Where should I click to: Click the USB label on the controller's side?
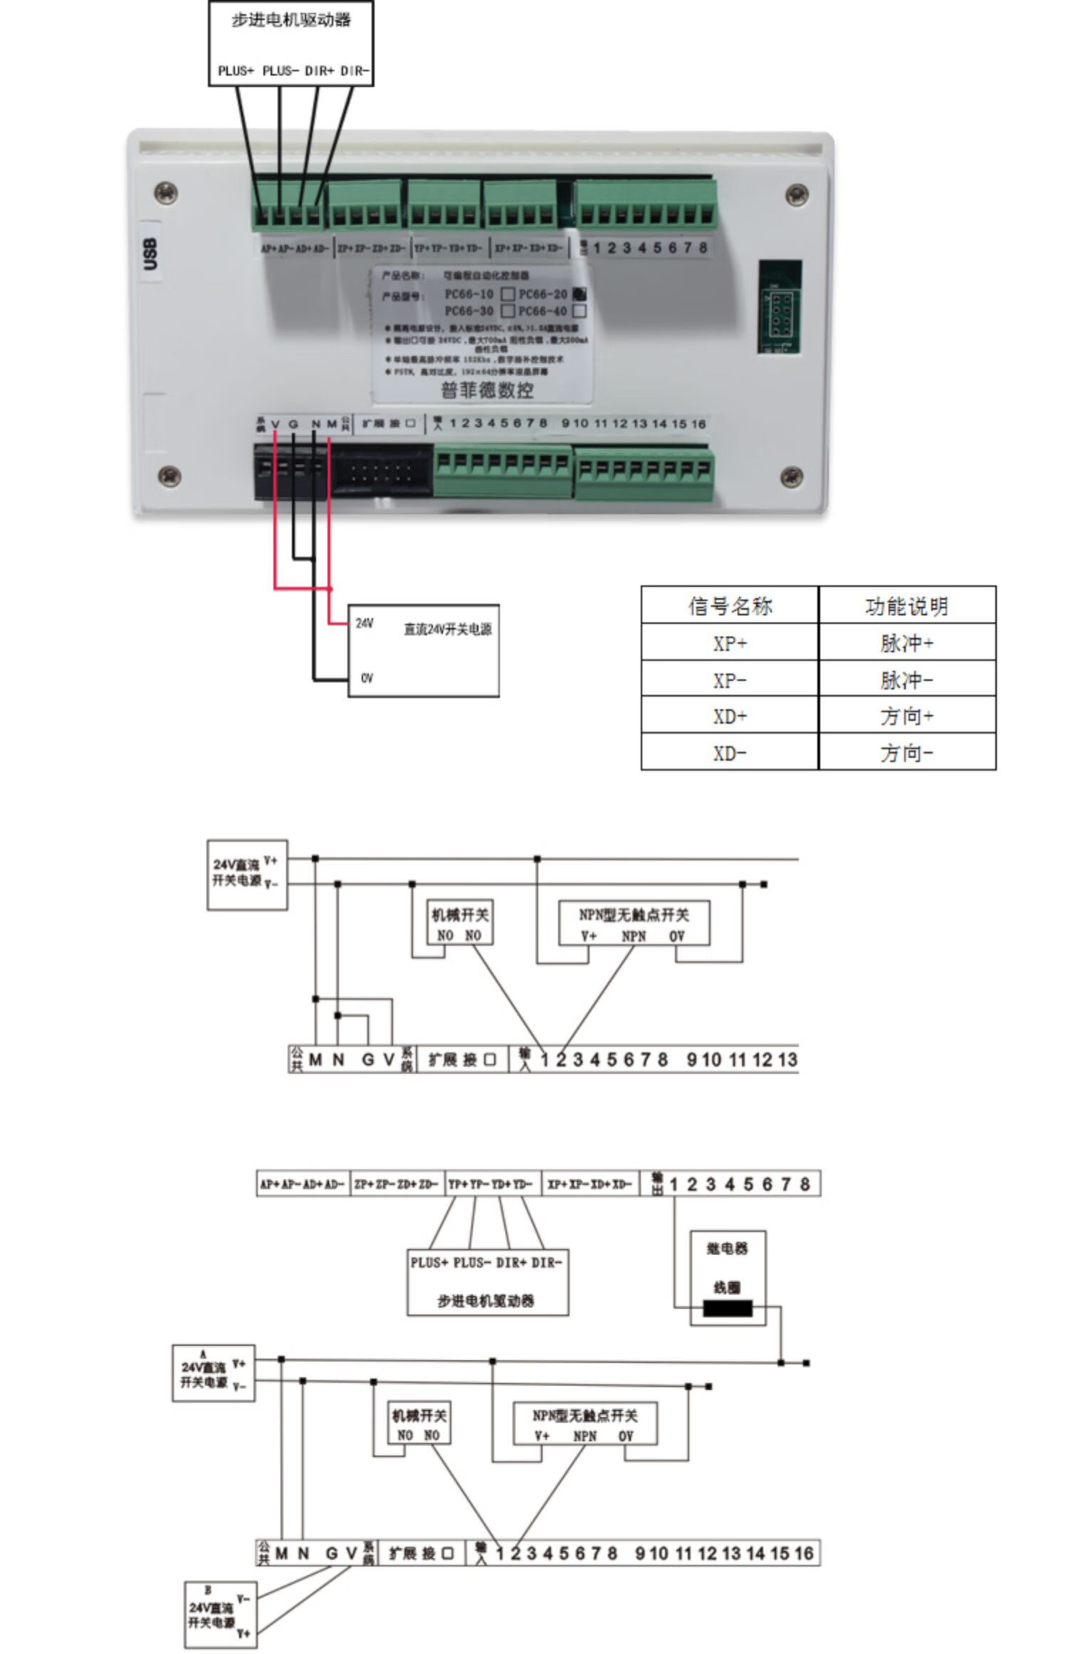pos(150,254)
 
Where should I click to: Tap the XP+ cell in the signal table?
pos(730,643)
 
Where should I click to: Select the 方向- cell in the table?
pos(906,753)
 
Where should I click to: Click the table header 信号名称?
pos(730,606)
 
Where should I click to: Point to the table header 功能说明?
pos(906,606)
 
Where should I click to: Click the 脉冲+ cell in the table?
pos(906,643)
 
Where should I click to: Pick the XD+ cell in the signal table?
pos(730,716)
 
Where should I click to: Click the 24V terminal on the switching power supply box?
pos(364,623)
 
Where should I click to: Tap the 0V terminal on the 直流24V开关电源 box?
pos(367,678)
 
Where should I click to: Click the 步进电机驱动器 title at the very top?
pos(291,20)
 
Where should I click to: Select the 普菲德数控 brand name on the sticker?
pos(487,390)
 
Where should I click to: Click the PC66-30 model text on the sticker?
pos(468,311)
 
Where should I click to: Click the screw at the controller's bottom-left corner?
pos(169,474)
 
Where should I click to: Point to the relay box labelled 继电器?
pos(728,1276)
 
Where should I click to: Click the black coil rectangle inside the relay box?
pos(728,1308)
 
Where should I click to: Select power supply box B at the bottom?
pos(220,1614)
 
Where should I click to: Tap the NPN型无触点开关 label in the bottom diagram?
pos(585,1415)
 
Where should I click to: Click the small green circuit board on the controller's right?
pos(780,307)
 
